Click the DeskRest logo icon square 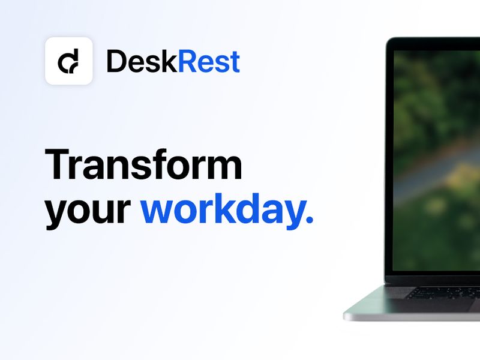click(x=68, y=61)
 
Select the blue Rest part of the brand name click(x=209, y=61)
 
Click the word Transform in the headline click(x=144, y=164)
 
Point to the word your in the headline click(x=88, y=210)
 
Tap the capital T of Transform click(x=59, y=164)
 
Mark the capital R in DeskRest click(x=187, y=61)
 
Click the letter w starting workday click(x=157, y=211)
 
